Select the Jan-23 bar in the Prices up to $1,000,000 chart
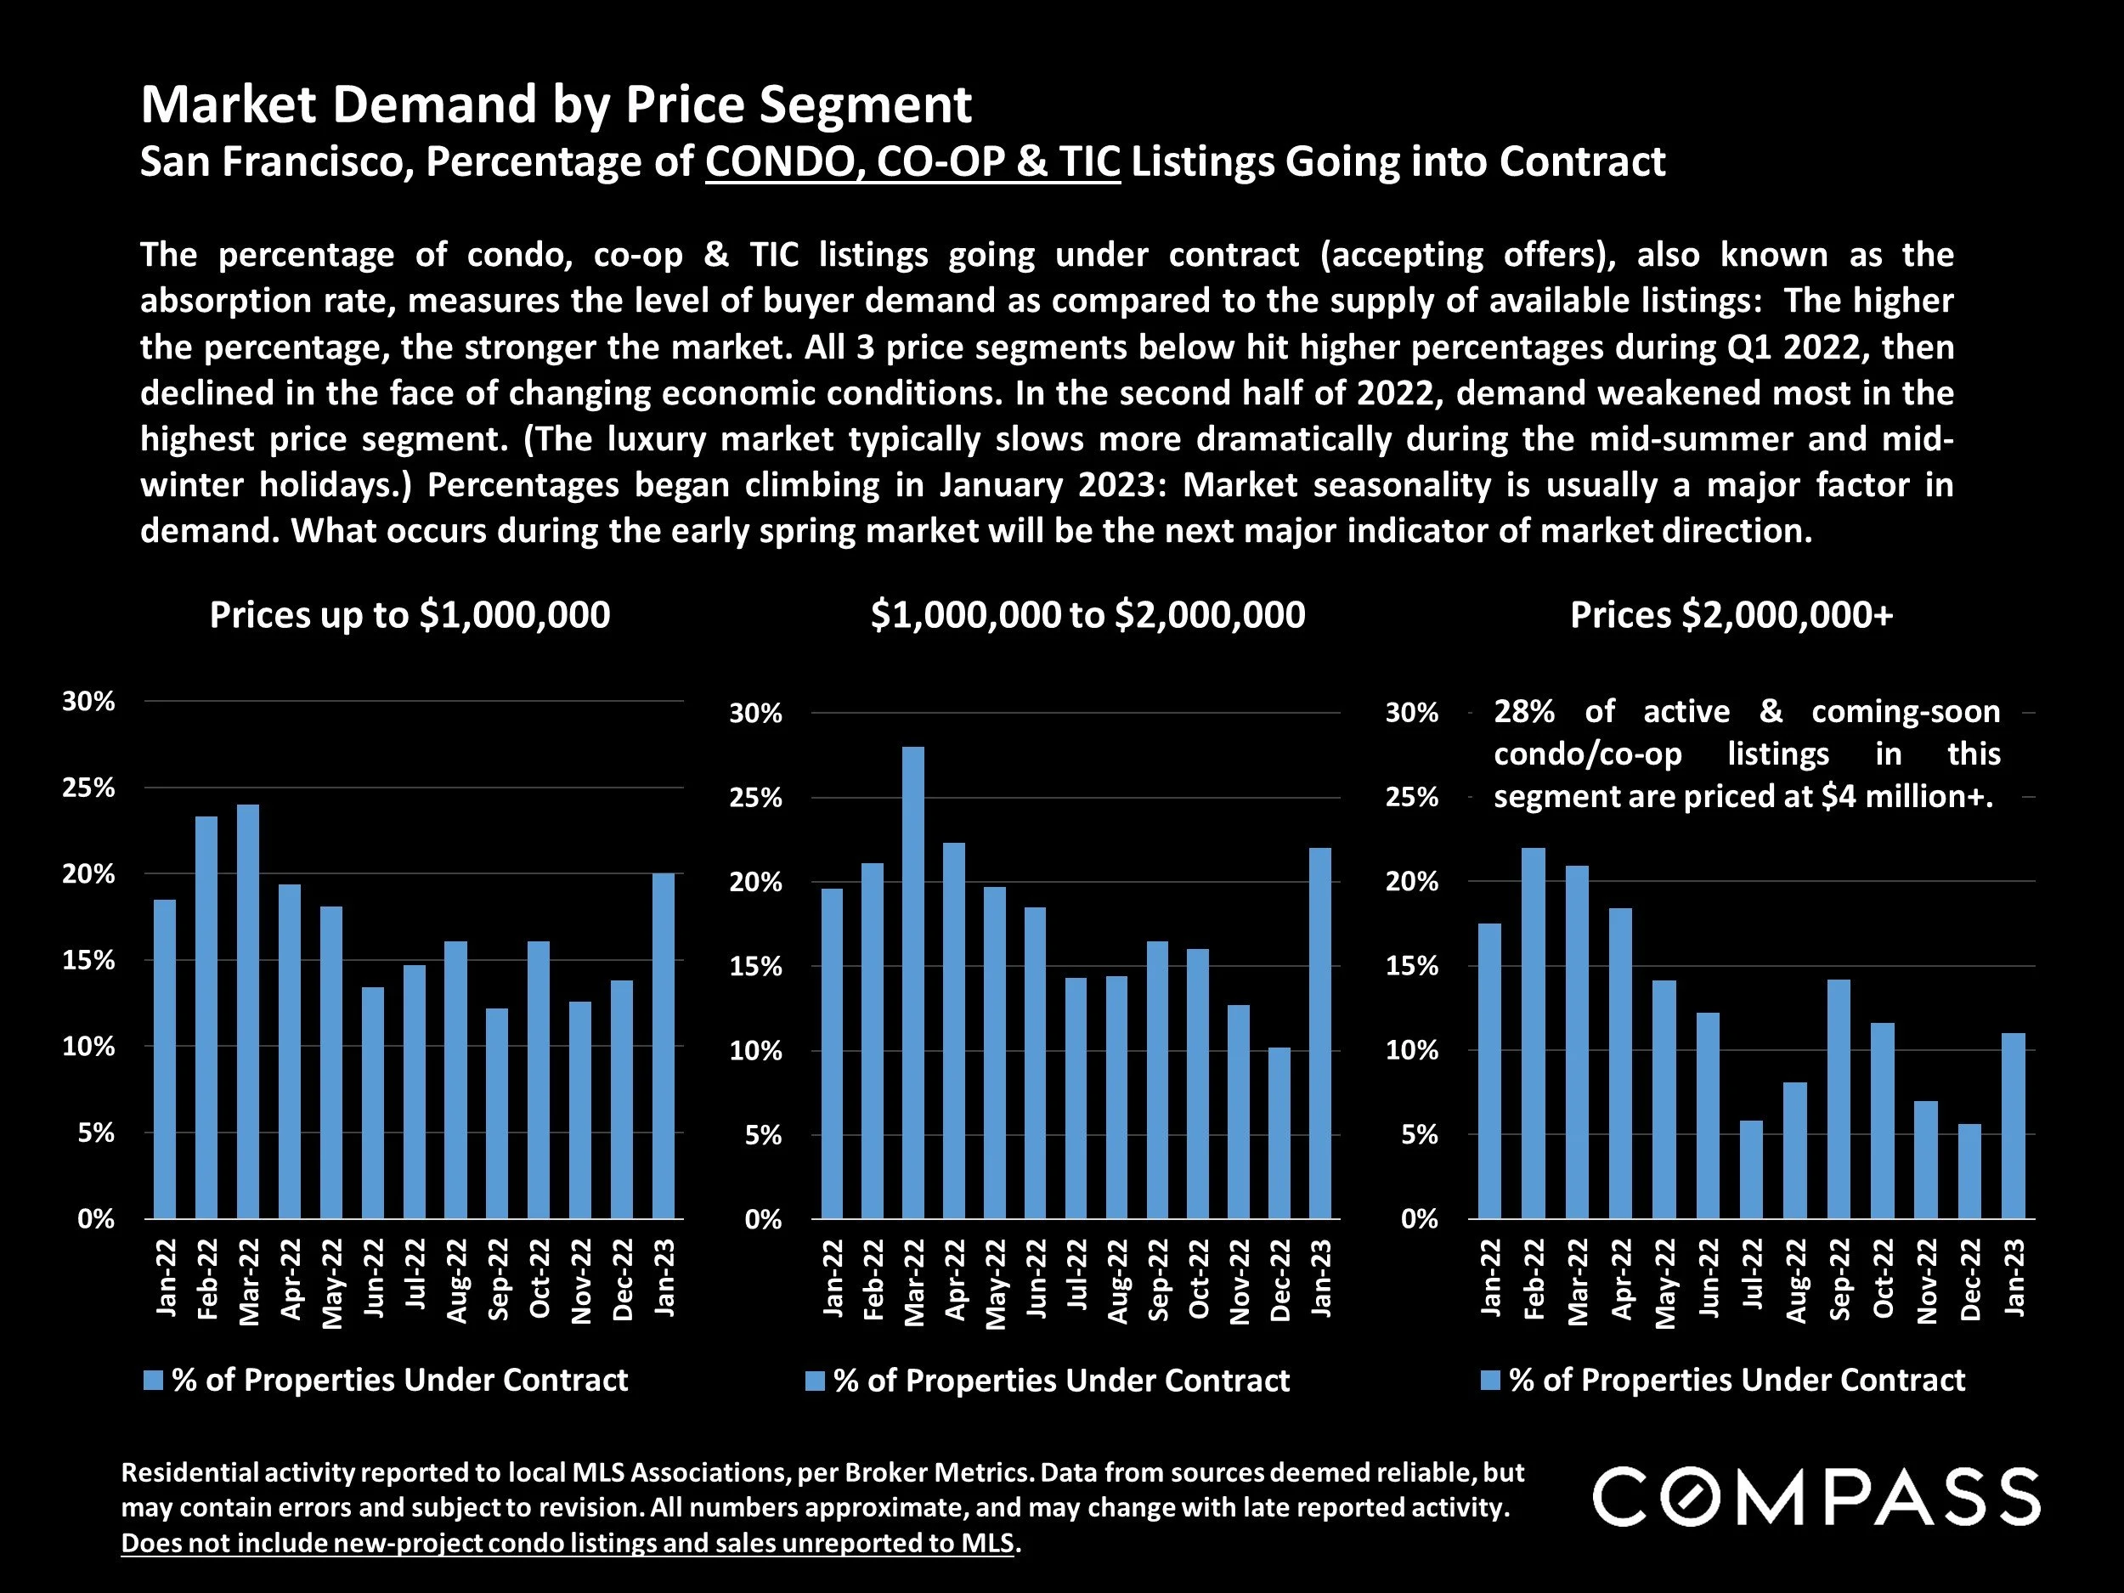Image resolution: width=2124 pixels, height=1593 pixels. pyautogui.click(x=664, y=1046)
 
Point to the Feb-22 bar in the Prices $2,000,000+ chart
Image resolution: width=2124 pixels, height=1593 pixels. pyautogui.click(x=1534, y=1033)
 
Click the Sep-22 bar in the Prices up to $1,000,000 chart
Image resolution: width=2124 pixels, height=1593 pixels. pyautogui.click(x=497, y=1113)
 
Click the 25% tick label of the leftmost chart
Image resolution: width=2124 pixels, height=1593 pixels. pyautogui.click(x=88, y=788)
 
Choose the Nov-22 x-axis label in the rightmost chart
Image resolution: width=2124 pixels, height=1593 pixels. pyautogui.click(x=1926, y=1281)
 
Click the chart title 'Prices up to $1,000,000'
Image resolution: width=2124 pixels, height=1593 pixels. pyautogui.click(x=410, y=614)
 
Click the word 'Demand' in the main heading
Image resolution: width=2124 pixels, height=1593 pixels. pyautogui.click(x=434, y=104)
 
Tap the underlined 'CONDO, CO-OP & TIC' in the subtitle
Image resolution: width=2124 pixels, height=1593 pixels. pyautogui.click(x=912, y=161)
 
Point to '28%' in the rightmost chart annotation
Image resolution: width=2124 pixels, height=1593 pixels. pyautogui.click(x=1524, y=711)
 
